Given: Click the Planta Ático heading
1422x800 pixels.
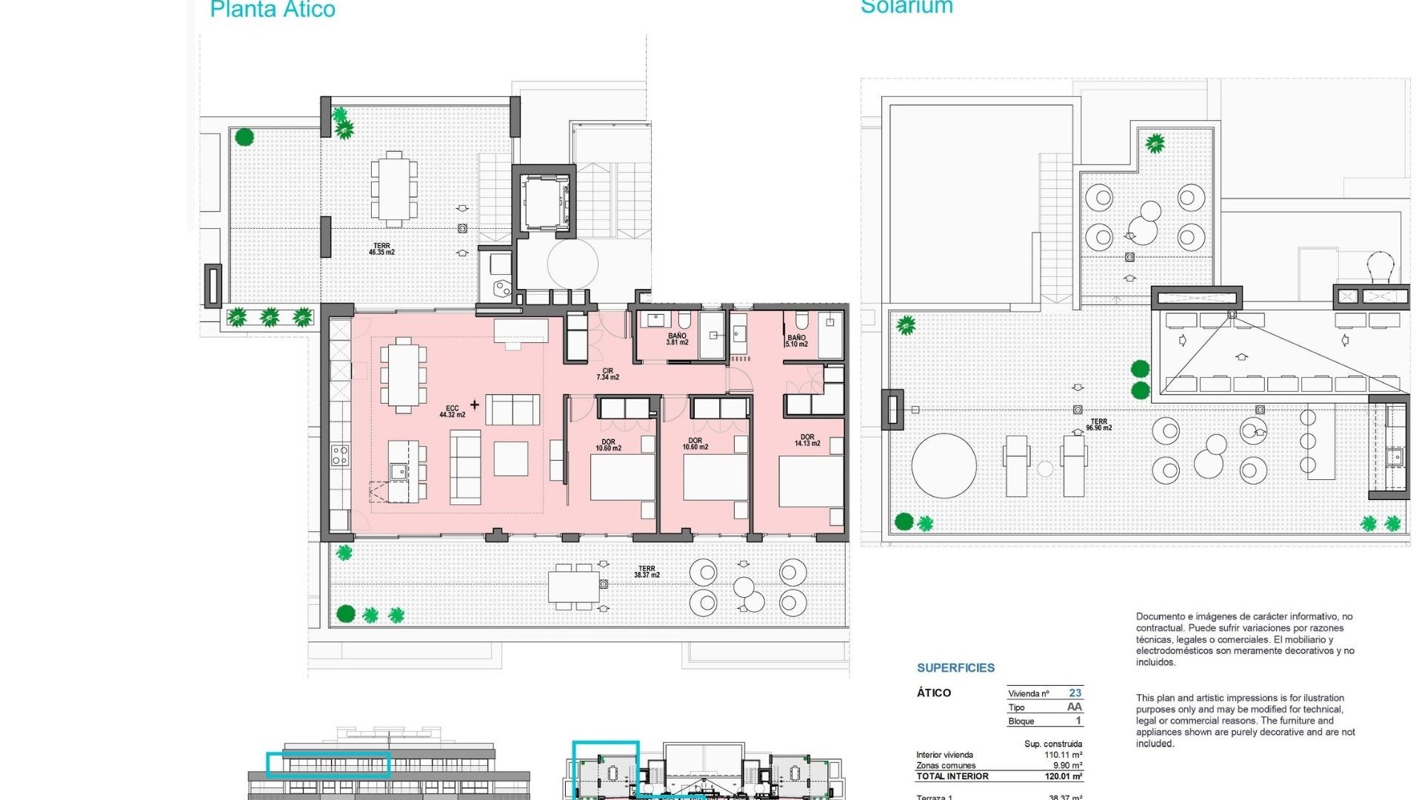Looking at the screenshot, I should click(x=273, y=10).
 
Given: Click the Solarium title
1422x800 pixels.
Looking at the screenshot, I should click(x=907, y=7).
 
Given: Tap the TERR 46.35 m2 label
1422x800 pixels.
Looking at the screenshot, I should click(x=381, y=249).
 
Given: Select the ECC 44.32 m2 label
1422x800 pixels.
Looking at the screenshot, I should click(x=452, y=412).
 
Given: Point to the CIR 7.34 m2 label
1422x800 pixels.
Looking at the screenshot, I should click(x=607, y=374).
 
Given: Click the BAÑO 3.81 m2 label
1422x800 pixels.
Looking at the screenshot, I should click(x=677, y=339).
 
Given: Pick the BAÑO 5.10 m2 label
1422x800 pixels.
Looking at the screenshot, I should click(x=796, y=341).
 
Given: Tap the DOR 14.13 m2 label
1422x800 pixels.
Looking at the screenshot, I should click(x=807, y=440).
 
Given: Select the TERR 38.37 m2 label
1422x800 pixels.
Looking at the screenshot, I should click(x=647, y=572).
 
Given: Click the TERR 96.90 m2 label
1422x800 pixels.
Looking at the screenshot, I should click(x=1098, y=424).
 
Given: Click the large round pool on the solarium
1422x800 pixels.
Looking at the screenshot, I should click(x=944, y=466).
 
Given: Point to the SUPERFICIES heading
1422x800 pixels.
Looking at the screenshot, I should click(x=955, y=668).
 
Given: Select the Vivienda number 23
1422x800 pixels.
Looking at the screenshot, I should click(x=1075, y=693).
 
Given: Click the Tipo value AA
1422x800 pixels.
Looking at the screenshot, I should click(x=1074, y=707).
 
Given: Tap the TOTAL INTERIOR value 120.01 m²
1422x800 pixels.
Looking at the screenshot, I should click(x=1064, y=776).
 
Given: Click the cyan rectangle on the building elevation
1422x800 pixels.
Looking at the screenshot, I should click(x=328, y=764).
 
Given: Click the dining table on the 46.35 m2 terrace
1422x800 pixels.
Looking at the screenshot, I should click(x=393, y=188).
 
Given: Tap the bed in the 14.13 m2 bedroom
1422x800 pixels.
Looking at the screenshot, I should click(x=811, y=481).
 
